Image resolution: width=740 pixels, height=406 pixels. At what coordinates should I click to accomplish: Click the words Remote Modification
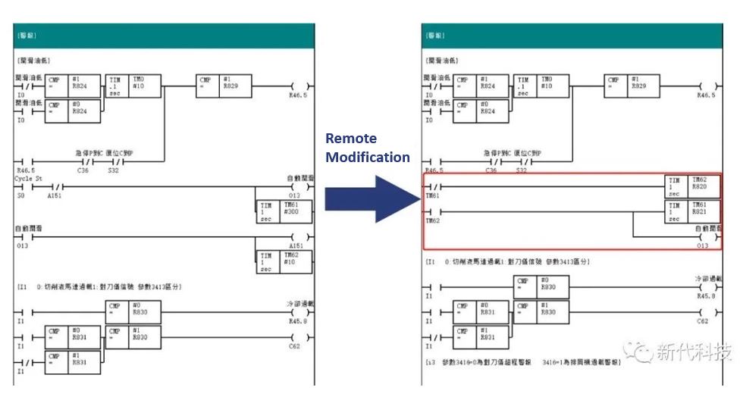tap(367, 148)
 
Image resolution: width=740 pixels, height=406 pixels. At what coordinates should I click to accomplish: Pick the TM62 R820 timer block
tap(692, 186)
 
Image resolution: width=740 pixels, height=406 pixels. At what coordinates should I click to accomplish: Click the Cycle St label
tap(27, 179)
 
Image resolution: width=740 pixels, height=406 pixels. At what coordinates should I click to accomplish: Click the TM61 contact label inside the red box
tap(432, 195)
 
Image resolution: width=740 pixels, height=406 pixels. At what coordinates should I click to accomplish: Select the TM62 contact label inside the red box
tap(432, 220)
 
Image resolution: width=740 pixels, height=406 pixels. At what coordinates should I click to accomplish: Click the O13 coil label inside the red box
tap(702, 245)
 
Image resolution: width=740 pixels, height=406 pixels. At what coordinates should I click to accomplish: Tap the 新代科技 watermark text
tap(694, 352)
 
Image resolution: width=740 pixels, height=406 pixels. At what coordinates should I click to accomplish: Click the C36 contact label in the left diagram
tap(83, 170)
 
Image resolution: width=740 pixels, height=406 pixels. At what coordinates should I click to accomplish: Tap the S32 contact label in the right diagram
tap(522, 170)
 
